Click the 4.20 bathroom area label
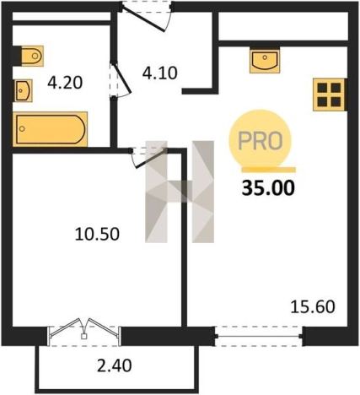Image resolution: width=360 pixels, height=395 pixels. tap(65, 83)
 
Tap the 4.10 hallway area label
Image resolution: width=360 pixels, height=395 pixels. tap(159, 73)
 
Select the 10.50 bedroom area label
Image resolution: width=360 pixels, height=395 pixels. tap(97, 234)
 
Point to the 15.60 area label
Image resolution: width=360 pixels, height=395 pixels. tap(313, 306)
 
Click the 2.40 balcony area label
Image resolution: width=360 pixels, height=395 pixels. tap(115, 366)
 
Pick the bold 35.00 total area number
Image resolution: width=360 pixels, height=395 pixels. tap(268, 188)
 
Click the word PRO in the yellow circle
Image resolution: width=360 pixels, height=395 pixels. tap(261, 141)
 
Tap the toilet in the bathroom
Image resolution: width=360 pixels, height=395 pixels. tap(31, 56)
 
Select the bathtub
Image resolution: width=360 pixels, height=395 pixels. tap(50, 129)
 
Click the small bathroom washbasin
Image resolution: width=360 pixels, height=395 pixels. tap(23, 90)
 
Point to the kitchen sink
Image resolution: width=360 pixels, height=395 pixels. tap(265, 61)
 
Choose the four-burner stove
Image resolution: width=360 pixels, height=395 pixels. tap(329, 95)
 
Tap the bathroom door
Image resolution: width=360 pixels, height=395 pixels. tap(121, 79)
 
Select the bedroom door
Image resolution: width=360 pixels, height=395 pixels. tap(148, 157)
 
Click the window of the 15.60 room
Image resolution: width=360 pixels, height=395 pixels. tap(259, 336)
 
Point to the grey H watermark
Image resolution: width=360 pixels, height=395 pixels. tap(180, 192)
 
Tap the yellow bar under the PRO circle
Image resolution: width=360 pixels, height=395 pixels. tap(268, 170)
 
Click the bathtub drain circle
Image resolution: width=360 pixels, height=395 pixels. tap(22, 129)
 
